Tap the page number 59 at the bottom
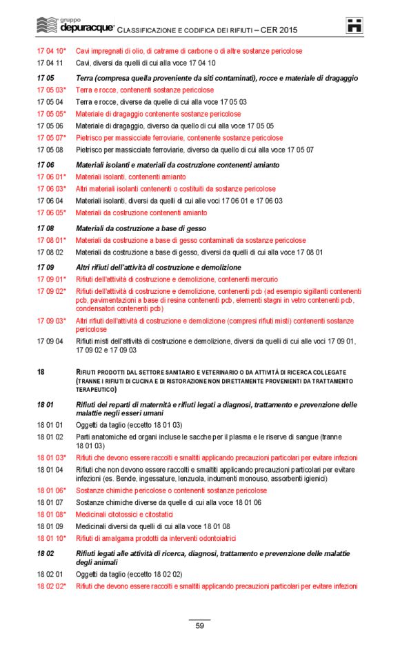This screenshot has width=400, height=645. pyautogui.click(x=199, y=626)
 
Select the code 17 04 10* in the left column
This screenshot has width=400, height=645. pyautogui.click(x=52, y=51)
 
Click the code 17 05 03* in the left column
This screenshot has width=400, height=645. pyautogui.click(x=52, y=90)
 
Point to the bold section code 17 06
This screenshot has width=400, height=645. pyautogui.click(x=45, y=165)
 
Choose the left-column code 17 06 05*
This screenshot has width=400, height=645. pyautogui.click(x=52, y=212)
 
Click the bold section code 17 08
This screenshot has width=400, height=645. pyautogui.click(x=45, y=228)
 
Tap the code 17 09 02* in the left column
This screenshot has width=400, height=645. pyautogui.click(x=52, y=291)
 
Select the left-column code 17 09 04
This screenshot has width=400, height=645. pyautogui.click(x=50, y=341)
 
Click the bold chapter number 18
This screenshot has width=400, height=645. pyautogui.click(x=41, y=372)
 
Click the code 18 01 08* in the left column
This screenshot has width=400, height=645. pyautogui.click(x=52, y=515)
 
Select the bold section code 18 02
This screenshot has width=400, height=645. pyautogui.click(x=45, y=554)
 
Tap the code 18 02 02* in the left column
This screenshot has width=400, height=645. pyautogui.click(x=52, y=586)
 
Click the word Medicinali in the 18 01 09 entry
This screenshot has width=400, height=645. pyautogui.click(x=92, y=526)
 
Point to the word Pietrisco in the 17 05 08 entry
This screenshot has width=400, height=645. pyautogui.click(x=90, y=150)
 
